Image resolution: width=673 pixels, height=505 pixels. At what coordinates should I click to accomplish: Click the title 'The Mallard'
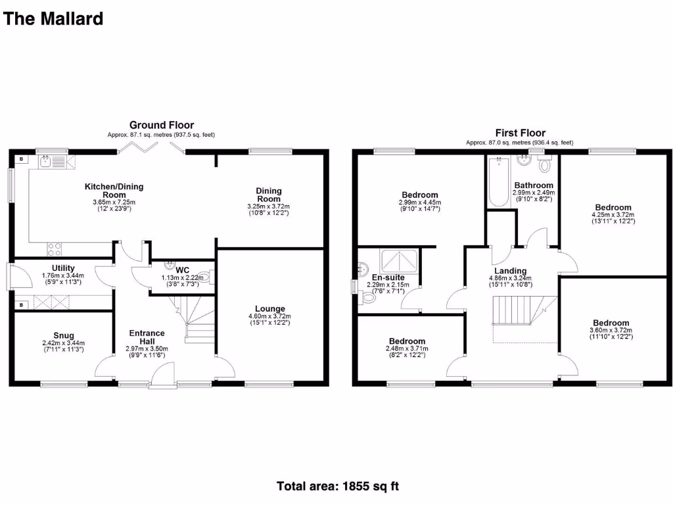[53, 18]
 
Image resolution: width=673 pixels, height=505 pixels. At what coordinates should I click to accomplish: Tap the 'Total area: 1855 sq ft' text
[337, 487]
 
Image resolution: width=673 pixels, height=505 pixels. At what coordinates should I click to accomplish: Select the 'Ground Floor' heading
[162, 125]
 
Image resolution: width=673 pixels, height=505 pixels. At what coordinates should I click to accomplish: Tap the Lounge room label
[270, 308]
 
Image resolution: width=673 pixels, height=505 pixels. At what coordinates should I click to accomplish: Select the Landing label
[511, 271]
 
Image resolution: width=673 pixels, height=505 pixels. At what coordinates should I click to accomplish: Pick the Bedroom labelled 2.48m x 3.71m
[406, 348]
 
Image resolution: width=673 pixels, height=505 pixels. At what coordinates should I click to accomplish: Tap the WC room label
[183, 270]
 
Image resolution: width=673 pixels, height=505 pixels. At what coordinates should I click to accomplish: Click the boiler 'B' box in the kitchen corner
[22, 159]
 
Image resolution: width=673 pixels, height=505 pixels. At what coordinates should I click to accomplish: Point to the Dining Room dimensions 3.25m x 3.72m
[269, 206]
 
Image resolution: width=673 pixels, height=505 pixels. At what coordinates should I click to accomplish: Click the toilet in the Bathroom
[544, 165]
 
